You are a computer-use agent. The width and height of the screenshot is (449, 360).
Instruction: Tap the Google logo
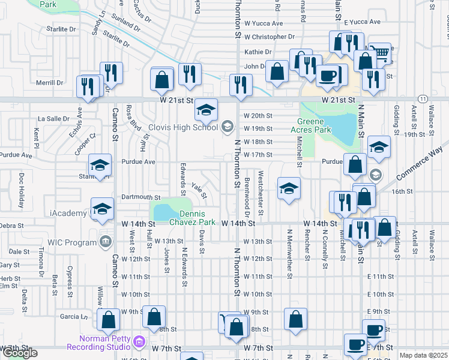[x=20, y=353]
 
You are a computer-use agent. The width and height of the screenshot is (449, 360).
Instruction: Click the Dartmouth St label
[x=141, y=197]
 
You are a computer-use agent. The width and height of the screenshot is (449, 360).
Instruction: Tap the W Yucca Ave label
[x=263, y=23]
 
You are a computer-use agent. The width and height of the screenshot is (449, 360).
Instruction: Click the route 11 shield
[x=423, y=98]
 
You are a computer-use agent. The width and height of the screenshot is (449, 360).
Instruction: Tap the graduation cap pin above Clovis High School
[x=206, y=110]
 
